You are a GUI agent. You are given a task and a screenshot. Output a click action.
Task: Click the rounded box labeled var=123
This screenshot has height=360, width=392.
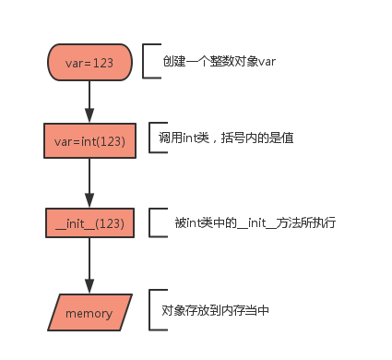tap(89, 62)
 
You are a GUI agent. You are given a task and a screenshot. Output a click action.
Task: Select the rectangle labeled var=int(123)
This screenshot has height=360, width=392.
tap(89, 141)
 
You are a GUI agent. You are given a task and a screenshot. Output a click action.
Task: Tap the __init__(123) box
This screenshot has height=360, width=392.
tap(89, 222)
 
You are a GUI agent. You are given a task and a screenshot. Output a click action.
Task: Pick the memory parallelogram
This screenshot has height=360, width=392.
tap(89, 313)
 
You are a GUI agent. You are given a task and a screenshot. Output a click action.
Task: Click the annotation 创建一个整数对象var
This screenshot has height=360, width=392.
tap(218, 61)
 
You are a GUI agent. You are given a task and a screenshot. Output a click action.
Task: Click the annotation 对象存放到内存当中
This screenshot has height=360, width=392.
tap(215, 311)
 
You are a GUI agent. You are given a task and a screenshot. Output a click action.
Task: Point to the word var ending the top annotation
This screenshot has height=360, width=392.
tap(265, 61)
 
